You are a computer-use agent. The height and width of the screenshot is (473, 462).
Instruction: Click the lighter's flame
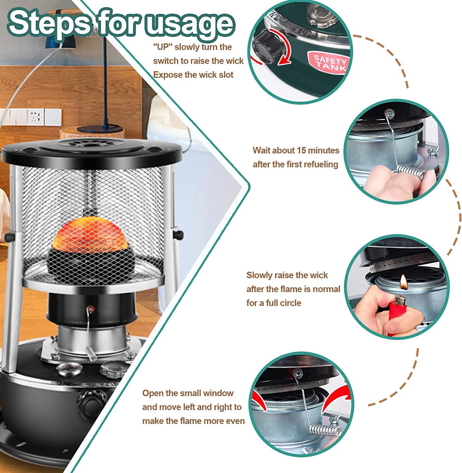pyautogui.click(x=403, y=281)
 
